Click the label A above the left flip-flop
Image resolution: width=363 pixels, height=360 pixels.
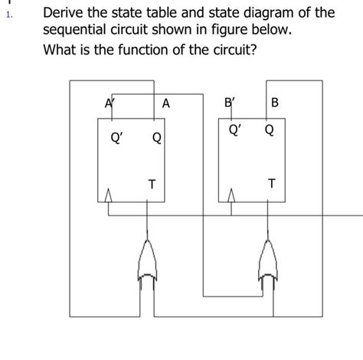[x=166, y=104]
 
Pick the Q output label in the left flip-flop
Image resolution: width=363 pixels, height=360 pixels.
[x=156, y=139]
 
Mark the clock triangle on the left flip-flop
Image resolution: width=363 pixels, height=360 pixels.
[x=109, y=198]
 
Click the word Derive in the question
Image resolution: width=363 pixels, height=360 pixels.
[x=67, y=13]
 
